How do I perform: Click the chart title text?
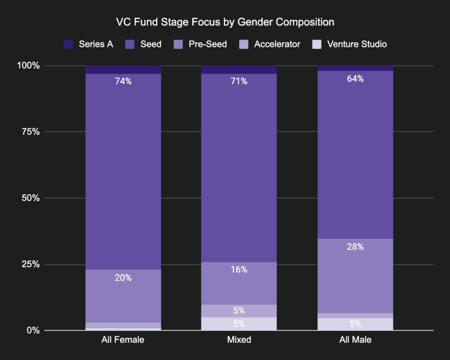click(x=225, y=22)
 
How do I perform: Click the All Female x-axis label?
click(x=123, y=340)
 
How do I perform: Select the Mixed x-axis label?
click(x=239, y=340)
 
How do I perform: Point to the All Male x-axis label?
click(x=355, y=340)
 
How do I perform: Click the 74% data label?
click(x=123, y=81)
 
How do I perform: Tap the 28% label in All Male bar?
click(x=355, y=247)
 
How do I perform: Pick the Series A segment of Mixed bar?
click(x=239, y=69)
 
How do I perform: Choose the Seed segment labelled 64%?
click(x=355, y=155)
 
